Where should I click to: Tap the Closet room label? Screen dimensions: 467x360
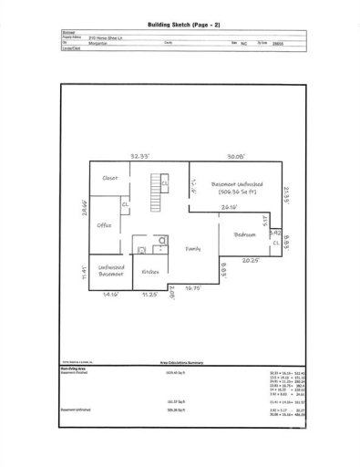(x=110, y=178)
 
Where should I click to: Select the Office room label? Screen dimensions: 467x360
(x=105, y=224)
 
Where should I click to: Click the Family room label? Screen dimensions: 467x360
(x=193, y=248)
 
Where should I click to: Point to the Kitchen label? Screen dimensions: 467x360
(x=149, y=271)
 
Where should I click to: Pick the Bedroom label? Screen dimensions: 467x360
(x=245, y=235)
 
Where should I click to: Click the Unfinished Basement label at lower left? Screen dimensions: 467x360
(x=109, y=269)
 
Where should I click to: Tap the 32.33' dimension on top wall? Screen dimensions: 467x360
(x=140, y=155)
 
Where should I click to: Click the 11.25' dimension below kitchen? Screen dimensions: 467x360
(x=149, y=295)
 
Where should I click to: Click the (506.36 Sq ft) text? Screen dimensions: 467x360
(x=240, y=192)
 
